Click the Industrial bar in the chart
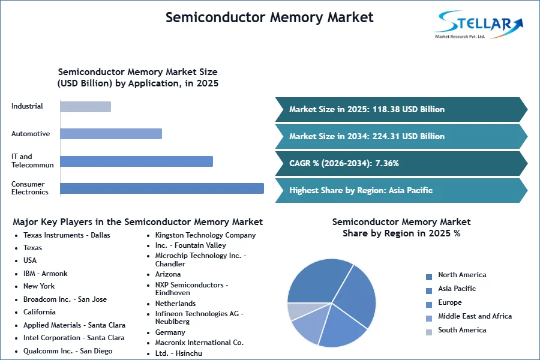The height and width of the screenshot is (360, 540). pos(85,107)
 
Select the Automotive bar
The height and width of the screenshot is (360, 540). pos(111,134)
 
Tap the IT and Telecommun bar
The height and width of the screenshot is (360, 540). pos(136,161)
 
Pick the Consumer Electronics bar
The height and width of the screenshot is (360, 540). pos(162,188)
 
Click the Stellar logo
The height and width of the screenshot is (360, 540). pos(479,25)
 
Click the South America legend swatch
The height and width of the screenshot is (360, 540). pos(429,332)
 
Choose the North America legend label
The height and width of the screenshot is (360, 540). pos(462,275)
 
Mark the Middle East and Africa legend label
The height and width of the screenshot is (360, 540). pos(475,316)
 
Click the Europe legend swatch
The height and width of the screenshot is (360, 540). pos(429,305)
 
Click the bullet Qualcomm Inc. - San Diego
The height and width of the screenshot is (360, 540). pos(68,351)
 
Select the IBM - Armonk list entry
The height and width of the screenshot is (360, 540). pos(46,274)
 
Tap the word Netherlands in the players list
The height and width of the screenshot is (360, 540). pos(175,304)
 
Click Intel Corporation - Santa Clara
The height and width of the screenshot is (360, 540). pos(74,338)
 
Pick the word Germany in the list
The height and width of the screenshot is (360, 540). pos(170,332)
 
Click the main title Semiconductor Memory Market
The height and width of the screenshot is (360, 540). pos(269,17)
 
